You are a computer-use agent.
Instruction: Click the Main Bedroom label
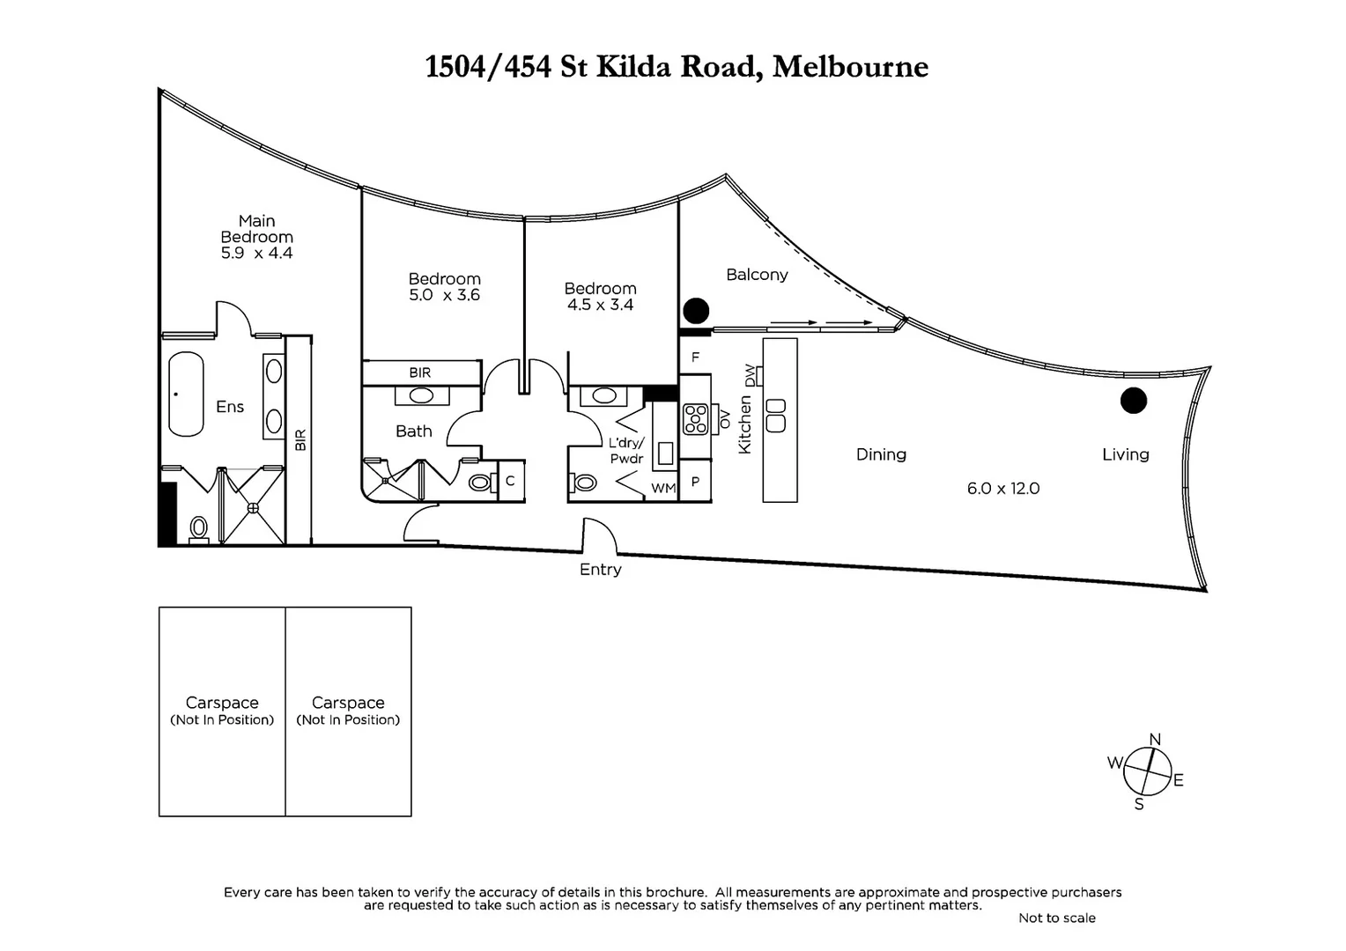[256, 229]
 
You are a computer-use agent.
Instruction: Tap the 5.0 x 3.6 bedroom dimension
[444, 296]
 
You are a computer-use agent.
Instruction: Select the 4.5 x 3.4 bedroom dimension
[600, 306]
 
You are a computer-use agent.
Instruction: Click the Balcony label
[757, 275]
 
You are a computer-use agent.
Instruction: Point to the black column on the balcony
[696, 310]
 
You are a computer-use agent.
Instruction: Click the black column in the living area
[1133, 401]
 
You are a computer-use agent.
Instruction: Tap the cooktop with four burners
[695, 418]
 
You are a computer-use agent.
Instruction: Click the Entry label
[600, 570]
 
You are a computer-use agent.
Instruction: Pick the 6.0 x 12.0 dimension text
[1002, 489]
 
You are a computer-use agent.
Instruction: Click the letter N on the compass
[1155, 740]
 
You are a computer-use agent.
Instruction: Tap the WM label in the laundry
[662, 488]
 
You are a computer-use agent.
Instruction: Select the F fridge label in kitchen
[695, 358]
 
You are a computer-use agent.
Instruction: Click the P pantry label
[695, 482]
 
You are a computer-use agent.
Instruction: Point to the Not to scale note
[1056, 918]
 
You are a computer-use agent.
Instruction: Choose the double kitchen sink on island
[776, 415]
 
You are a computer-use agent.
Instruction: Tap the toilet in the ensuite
[199, 527]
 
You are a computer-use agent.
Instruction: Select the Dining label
[881, 454]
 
